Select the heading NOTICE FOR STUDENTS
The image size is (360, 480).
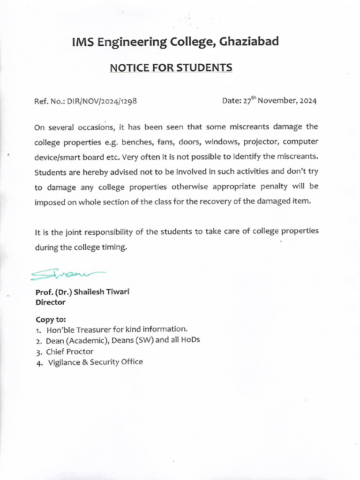[x=171, y=68]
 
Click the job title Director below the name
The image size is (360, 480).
[x=50, y=302]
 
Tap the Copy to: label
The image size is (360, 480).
[x=51, y=319]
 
